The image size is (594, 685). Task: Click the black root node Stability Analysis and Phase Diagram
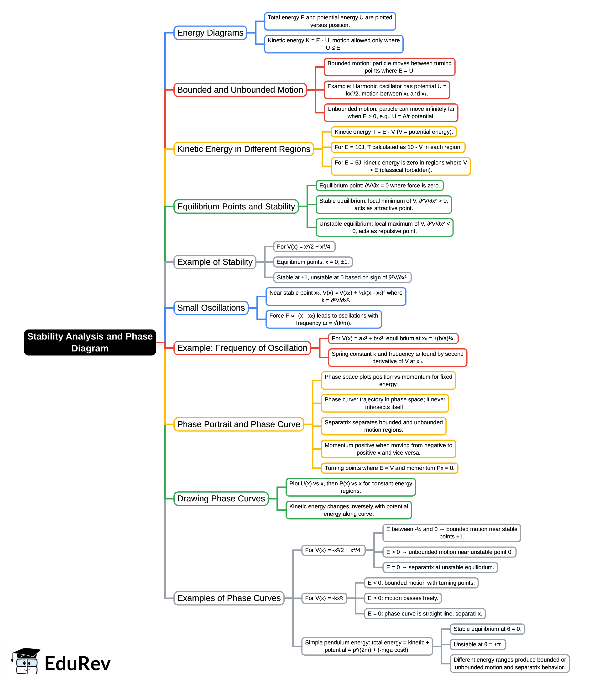point(90,342)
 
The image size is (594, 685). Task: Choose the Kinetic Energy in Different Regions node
point(244,149)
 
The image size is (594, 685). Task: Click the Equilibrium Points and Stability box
point(236,206)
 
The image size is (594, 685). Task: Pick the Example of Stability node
point(215,262)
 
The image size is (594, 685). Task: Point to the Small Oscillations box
point(211,308)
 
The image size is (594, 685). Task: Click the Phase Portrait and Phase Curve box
point(239,424)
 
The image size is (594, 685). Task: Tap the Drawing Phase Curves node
point(221,498)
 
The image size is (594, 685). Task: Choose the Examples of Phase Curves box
point(229,598)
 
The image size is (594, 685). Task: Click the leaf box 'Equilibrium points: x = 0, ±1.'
point(313,262)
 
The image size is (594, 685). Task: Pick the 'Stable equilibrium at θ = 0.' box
point(487,629)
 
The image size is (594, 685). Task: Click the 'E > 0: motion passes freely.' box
point(403,598)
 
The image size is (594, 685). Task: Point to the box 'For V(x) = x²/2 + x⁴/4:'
point(304,246)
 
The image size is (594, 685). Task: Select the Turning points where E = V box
point(389,468)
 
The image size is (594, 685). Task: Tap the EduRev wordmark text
point(77,664)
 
